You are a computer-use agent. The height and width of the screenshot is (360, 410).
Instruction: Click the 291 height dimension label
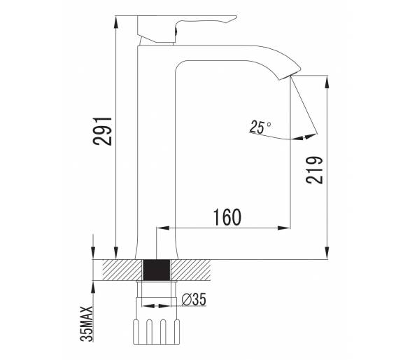(x=102, y=131)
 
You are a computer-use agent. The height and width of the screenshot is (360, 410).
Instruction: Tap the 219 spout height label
(x=314, y=170)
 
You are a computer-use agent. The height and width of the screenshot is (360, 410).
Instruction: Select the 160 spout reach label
(x=227, y=217)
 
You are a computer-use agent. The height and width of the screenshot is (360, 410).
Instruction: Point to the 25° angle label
(x=260, y=127)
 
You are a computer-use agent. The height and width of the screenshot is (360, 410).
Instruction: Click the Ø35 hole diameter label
(x=194, y=299)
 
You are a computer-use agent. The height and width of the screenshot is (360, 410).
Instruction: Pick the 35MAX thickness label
(x=87, y=324)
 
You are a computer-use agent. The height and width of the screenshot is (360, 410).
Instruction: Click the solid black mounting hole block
(x=157, y=270)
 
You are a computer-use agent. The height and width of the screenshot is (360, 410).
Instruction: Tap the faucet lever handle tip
(x=235, y=18)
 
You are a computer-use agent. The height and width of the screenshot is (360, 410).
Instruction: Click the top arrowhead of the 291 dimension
(x=116, y=22)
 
